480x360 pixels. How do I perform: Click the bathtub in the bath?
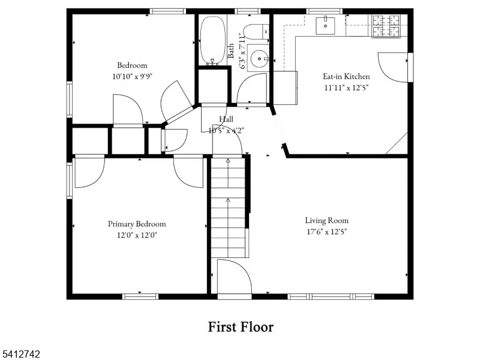tap(212, 40)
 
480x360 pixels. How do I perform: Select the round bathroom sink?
tap(260, 58)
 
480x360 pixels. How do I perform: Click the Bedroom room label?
tap(131, 65)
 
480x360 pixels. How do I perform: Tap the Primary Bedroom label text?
tap(137, 224)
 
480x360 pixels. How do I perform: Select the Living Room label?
tap(326, 220)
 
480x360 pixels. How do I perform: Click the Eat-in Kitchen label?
tap(346, 76)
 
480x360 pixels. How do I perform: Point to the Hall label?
tap(226, 119)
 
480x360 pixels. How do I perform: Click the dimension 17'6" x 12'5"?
tap(326, 232)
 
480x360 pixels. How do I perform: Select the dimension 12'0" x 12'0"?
tap(137, 235)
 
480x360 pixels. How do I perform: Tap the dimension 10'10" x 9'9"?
tap(132, 76)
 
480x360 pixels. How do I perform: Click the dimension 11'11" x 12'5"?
tap(346, 88)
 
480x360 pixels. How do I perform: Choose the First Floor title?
tap(241, 327)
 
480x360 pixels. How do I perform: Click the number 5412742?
tap(21, 355)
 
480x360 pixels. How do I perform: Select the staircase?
tap(228, 207)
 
